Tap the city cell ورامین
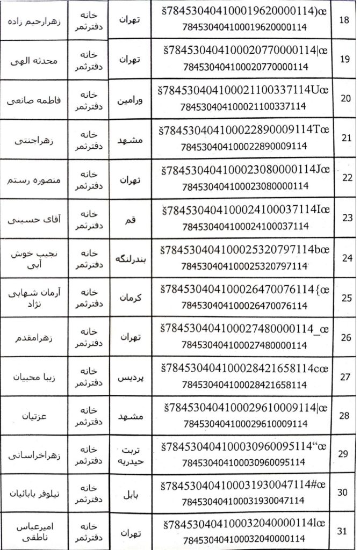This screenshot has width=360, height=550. click(x=129, y=99)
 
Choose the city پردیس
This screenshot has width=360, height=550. click(x=129, y=377)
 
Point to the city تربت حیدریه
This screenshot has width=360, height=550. click(x=129, y=455)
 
